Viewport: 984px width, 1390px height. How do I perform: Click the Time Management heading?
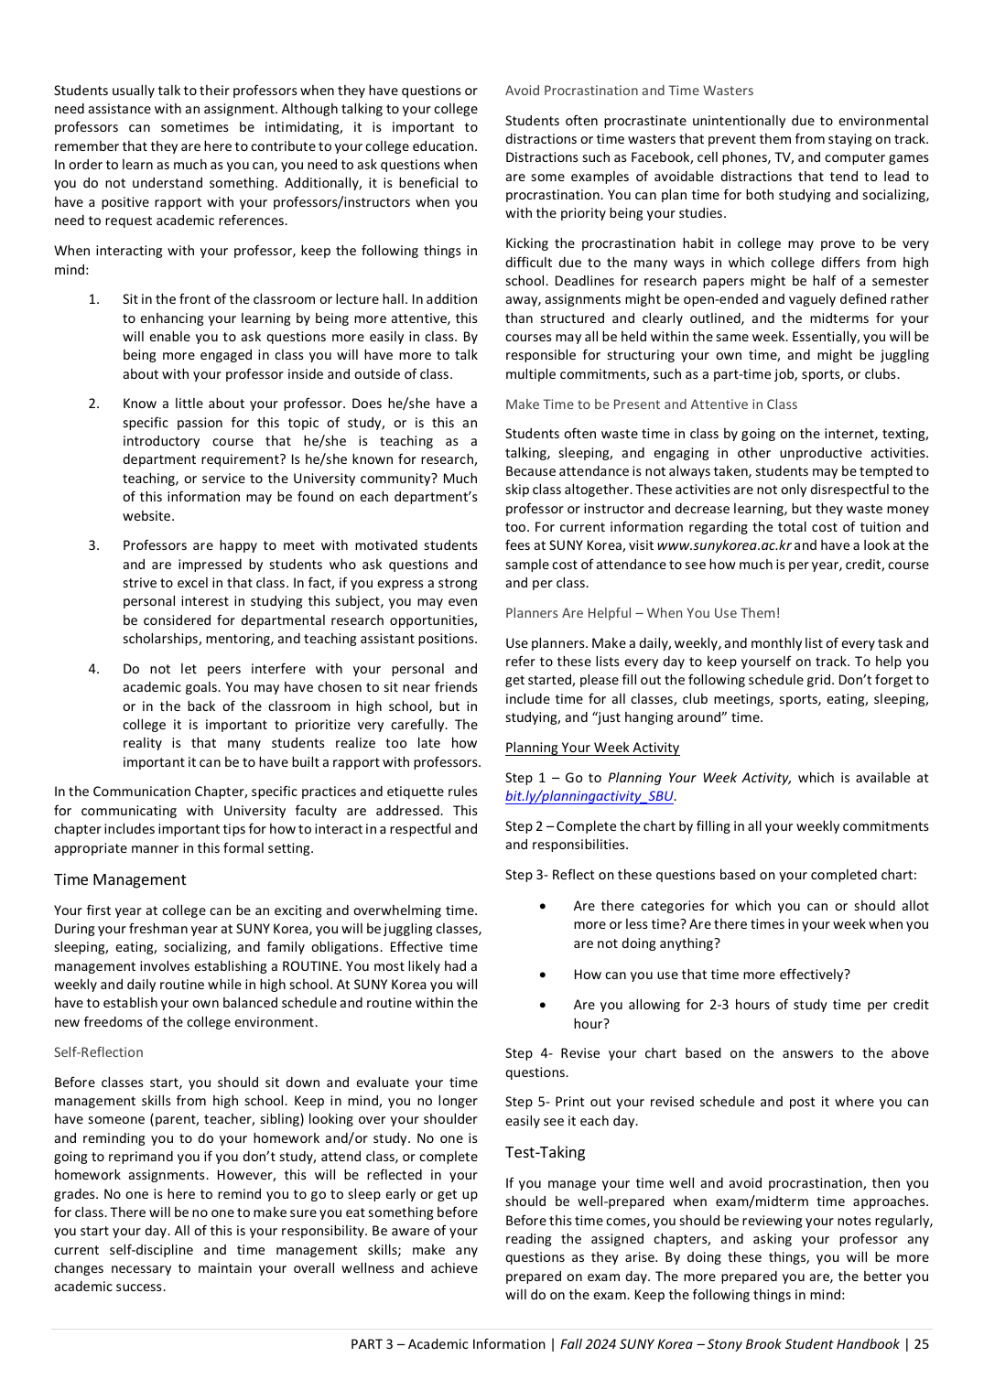point(120,879)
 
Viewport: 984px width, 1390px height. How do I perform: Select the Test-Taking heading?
point(545,1152)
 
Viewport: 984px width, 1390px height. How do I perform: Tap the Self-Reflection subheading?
point(99,1052)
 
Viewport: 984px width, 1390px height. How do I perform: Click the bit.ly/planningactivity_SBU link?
point(589,796)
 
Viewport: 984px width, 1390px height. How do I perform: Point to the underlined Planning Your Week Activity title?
point(592,748)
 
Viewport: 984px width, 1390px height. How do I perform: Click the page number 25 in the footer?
point(921,1344)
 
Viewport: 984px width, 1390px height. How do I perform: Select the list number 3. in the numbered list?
point(94,545)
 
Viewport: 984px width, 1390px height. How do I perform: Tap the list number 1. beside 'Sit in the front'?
point(94,299)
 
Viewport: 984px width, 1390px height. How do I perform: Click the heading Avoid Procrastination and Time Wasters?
point(629,91)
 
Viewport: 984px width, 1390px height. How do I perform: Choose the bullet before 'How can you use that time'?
point(543,975)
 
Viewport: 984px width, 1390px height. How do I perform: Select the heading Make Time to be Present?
point(651,404)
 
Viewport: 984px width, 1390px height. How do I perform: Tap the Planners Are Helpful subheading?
point(643,613)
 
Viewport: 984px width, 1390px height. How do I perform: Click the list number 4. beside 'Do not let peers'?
point(94,669)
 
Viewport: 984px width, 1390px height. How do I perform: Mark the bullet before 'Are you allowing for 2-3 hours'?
point(543,1005)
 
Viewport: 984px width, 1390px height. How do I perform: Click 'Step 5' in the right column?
point(525,1102)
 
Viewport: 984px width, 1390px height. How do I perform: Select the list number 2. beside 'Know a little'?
point(94,404)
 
